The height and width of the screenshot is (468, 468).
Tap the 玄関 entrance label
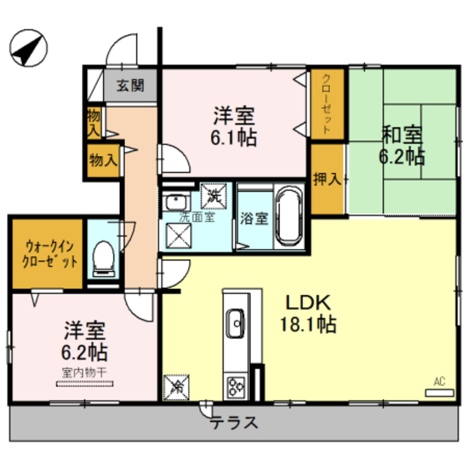[132, 84]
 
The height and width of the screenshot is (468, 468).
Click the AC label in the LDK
[439, 381]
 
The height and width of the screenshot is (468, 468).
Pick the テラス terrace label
[235, 423]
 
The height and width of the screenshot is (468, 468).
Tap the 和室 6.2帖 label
[401, 145]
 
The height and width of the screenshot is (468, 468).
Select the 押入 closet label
[327, 179]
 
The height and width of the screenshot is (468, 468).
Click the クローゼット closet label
[327, 103]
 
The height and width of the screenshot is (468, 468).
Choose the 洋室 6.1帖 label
[234, 126]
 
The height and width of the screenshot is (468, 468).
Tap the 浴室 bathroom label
[254, 219]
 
